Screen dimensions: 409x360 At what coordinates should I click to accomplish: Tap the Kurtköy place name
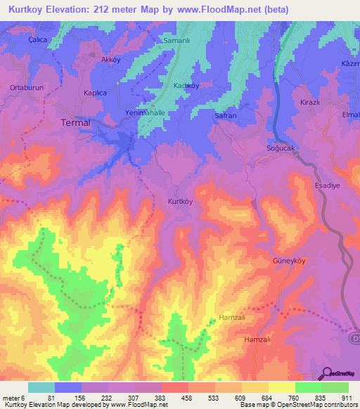181,201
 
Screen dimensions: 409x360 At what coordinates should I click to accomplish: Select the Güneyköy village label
288,261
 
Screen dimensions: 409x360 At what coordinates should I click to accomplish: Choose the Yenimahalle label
146,113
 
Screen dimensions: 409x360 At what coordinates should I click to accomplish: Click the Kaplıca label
94,93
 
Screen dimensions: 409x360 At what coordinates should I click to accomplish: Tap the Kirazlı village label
310,102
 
